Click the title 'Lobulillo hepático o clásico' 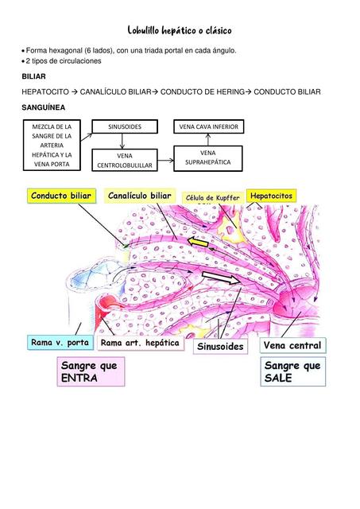[x=180, y=30]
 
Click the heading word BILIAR [x=34, y=76]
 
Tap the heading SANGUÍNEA [x=43, y=107]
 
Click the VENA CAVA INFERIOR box [x=208, y=126]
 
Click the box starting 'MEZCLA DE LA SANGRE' [x=52, y=146]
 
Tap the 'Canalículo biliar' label [x=139, y=196]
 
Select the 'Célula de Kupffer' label [x=211, y=197]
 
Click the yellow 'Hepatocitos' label [x=271, y=196]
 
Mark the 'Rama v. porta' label [x=60, y=343]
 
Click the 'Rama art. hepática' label [x=140, y=343]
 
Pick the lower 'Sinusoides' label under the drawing [x=220, y=347]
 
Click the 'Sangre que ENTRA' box [x=90, y=371]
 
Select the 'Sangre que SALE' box [x=292, y=371]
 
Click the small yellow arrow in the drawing [x=198, y=241]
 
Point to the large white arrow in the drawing [x=222, y=278]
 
